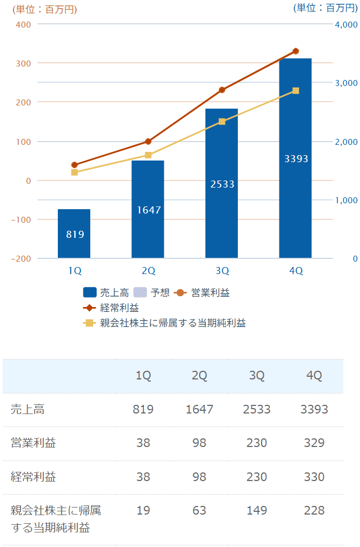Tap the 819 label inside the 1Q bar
tap(75, 234)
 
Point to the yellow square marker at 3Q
tap(222, 122)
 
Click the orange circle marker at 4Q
tap(296, 51)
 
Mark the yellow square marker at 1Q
tap(75, 172)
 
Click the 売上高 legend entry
tap(106, 293)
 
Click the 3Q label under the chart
tap(222, 270)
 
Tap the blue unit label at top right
tap(325, 8)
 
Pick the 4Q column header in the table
tap(314, 376)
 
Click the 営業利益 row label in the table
tap(34, 443)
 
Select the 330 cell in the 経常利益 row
tap(314, 477)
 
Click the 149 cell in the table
tap(257, 510)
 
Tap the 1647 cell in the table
tap(199, 409)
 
